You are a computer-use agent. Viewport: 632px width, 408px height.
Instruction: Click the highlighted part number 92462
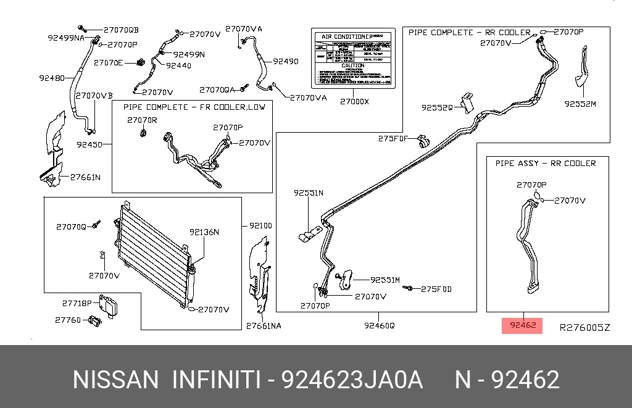(522, 325)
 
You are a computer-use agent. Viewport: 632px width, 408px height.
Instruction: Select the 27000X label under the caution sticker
(354, 101)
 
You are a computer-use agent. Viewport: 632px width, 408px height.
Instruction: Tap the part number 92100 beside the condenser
(260, 226)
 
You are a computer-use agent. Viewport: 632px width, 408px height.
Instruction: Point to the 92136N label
(204, 232)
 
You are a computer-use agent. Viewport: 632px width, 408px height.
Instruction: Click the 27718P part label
(77, 303)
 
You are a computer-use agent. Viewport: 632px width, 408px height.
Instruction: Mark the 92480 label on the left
(51, 78)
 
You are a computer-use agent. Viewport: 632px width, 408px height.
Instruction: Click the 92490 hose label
(285, 61)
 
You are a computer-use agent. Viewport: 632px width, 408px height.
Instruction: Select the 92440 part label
(178, 65)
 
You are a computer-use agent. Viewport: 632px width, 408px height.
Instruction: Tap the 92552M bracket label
(580, 104)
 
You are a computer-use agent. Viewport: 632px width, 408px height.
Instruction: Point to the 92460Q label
(379, 325)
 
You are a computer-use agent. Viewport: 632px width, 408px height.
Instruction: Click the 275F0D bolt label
(436, 289)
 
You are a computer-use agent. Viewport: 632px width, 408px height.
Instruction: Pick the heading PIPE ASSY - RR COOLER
(546, 163)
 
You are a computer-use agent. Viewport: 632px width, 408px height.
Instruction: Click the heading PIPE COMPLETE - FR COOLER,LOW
(194, 107)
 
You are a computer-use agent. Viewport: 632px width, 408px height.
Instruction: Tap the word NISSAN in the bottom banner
(115, 380)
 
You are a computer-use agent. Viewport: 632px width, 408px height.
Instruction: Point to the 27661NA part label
(264, 325)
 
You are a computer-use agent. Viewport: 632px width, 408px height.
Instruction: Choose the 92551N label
(309, 193)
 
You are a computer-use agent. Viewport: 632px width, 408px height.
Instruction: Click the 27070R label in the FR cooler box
(143, 120)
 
